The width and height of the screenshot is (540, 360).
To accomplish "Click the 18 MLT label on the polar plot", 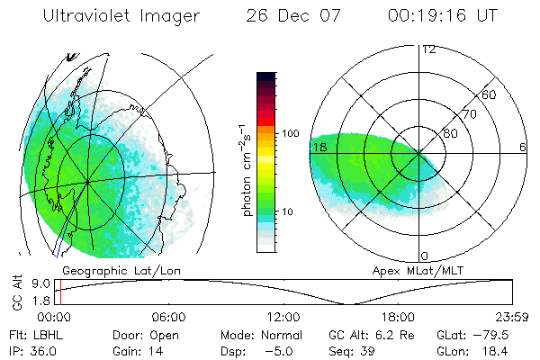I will pos(318,146).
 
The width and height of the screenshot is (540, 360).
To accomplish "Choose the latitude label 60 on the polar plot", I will pos(490,94).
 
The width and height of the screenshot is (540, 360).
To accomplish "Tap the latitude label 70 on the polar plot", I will pos(467,114).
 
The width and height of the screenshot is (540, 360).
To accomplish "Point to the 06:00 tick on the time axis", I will pos(168,317).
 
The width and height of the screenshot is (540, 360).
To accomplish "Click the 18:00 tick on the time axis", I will pos(397,317).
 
